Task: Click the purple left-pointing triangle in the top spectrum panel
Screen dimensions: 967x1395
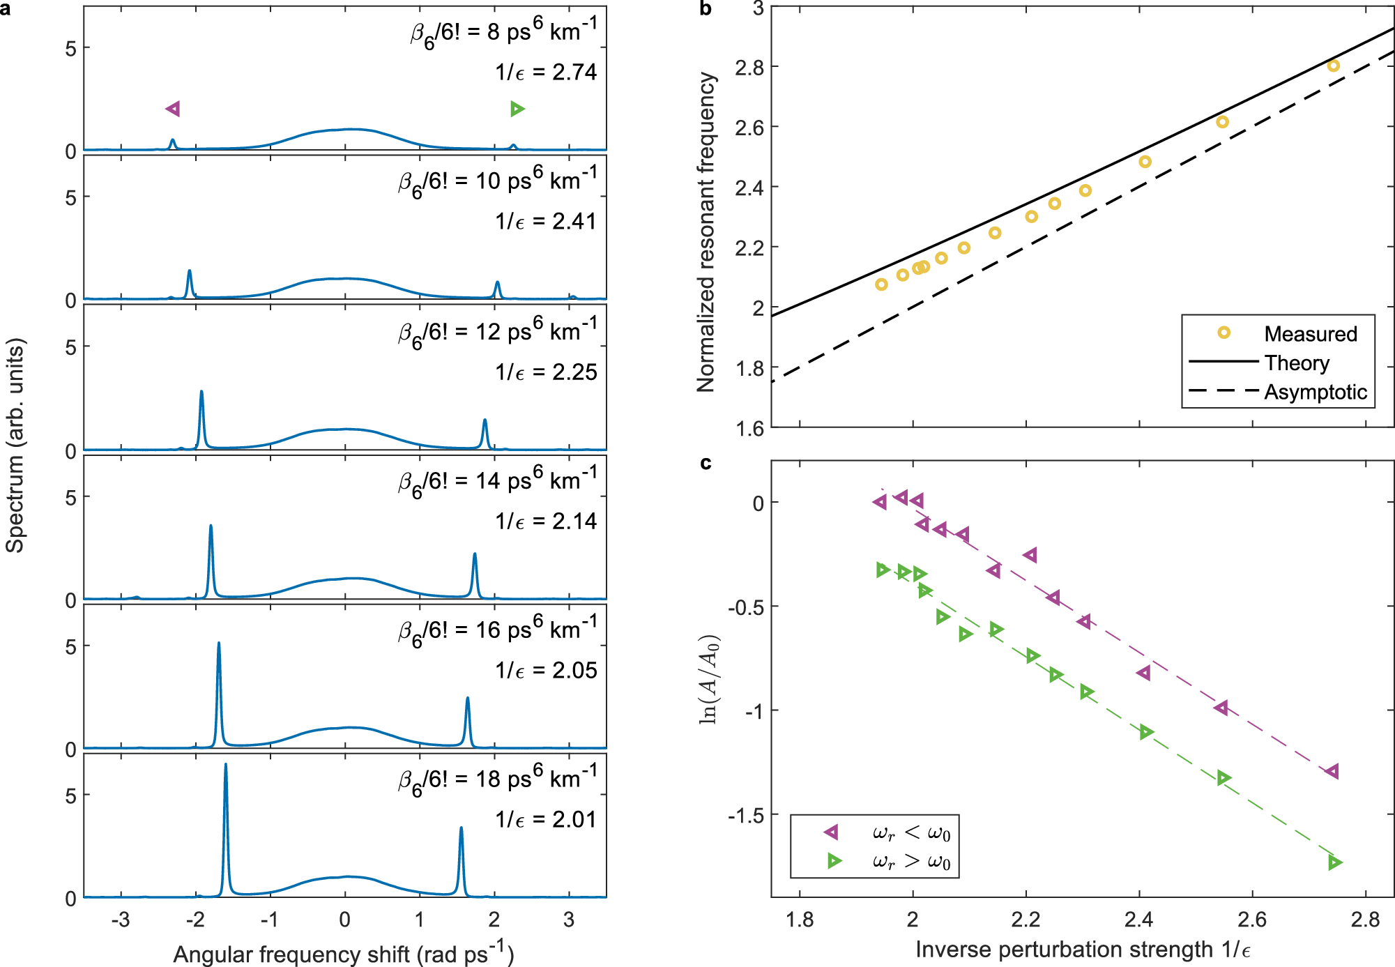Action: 173,109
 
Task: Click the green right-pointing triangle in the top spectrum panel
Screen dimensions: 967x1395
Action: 517,109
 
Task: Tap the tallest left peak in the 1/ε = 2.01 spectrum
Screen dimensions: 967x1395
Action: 225,767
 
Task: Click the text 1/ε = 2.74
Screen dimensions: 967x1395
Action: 546,73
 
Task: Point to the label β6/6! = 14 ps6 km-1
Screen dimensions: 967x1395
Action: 497,482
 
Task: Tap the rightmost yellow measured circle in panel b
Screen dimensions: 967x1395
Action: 1333,66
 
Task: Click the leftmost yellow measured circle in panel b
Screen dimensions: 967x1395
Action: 881,284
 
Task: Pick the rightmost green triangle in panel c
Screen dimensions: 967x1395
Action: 1334,863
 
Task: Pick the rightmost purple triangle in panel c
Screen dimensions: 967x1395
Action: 1332,771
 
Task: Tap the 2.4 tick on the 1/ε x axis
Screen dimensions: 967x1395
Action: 1138,920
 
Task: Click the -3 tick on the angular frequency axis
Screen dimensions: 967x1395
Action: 121,920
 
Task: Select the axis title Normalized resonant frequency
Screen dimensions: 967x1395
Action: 706,232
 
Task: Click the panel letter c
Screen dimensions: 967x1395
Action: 706,464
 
